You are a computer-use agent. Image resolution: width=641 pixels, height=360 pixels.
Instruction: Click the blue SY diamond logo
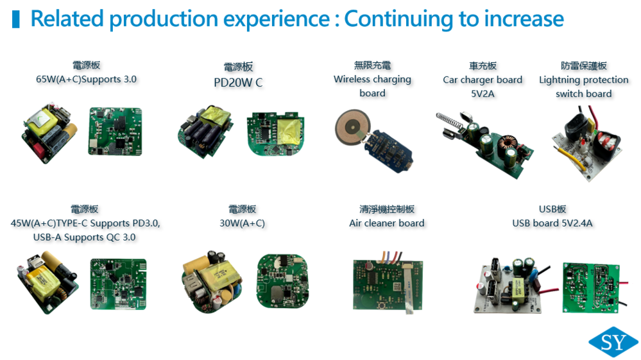coord(613,342)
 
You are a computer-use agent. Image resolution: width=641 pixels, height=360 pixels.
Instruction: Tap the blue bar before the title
coord(16,19)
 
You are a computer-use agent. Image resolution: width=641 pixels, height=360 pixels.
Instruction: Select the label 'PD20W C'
coord(238,83)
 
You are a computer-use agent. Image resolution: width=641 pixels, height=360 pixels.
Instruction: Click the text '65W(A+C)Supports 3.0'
coord(86,80)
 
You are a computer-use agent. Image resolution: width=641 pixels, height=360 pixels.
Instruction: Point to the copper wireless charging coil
coord(352,128)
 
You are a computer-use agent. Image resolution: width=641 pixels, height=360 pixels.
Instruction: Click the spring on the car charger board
coord(450,119)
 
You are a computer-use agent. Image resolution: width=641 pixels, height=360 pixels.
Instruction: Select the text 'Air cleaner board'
coord(387,223)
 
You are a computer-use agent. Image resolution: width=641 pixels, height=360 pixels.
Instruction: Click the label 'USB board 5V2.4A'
coord(552,223)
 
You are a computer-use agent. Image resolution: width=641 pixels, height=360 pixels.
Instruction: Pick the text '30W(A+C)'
coord(243,223)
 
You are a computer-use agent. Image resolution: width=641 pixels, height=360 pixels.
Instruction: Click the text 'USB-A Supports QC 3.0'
coord(84,237)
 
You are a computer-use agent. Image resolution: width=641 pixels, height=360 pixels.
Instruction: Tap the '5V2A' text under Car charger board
coord(483,94)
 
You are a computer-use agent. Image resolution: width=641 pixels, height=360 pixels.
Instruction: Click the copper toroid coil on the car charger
coord(508,142)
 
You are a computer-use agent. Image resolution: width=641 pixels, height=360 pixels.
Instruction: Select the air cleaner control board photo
coord(388,285)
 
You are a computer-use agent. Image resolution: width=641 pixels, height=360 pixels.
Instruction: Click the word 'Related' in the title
coord(67,19)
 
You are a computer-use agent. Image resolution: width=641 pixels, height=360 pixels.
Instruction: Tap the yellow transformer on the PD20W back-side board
coord(289,131)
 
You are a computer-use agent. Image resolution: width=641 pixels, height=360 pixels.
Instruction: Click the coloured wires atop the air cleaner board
coord(389,257)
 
